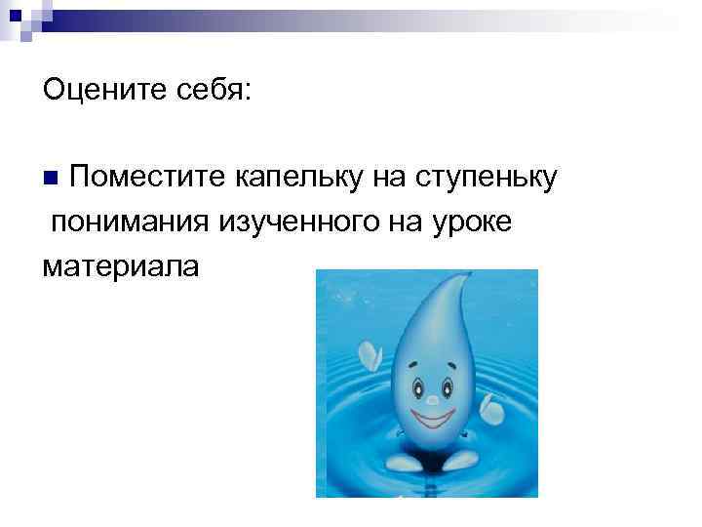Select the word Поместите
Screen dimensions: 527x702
coord(147,178)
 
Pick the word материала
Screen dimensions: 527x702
coord(120,265)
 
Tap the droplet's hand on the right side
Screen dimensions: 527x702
coord(492,411)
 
